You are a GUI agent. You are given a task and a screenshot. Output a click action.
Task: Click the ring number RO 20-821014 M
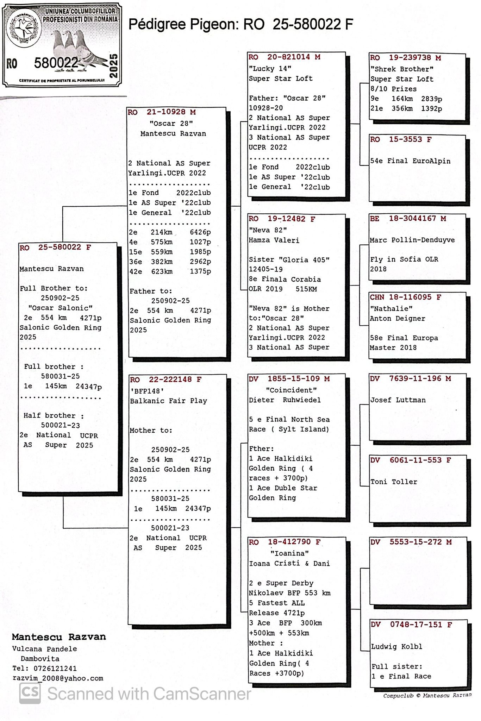(284, 57)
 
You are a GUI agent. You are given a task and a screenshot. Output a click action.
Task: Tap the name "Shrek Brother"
(402, 69)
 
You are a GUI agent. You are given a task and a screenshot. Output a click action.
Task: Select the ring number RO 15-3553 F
(400, 139)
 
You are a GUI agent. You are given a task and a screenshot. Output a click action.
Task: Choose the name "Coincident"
(291, 390)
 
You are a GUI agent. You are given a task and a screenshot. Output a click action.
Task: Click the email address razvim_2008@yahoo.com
(58, 678)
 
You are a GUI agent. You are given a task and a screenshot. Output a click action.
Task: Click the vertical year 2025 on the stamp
(114, 66)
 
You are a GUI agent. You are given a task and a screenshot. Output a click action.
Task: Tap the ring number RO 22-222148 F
(165, 380)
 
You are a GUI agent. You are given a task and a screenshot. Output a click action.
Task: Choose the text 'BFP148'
(147, 391)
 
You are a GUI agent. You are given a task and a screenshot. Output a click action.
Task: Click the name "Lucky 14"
(270, 68)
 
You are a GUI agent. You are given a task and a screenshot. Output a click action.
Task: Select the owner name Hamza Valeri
(274, 240)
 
